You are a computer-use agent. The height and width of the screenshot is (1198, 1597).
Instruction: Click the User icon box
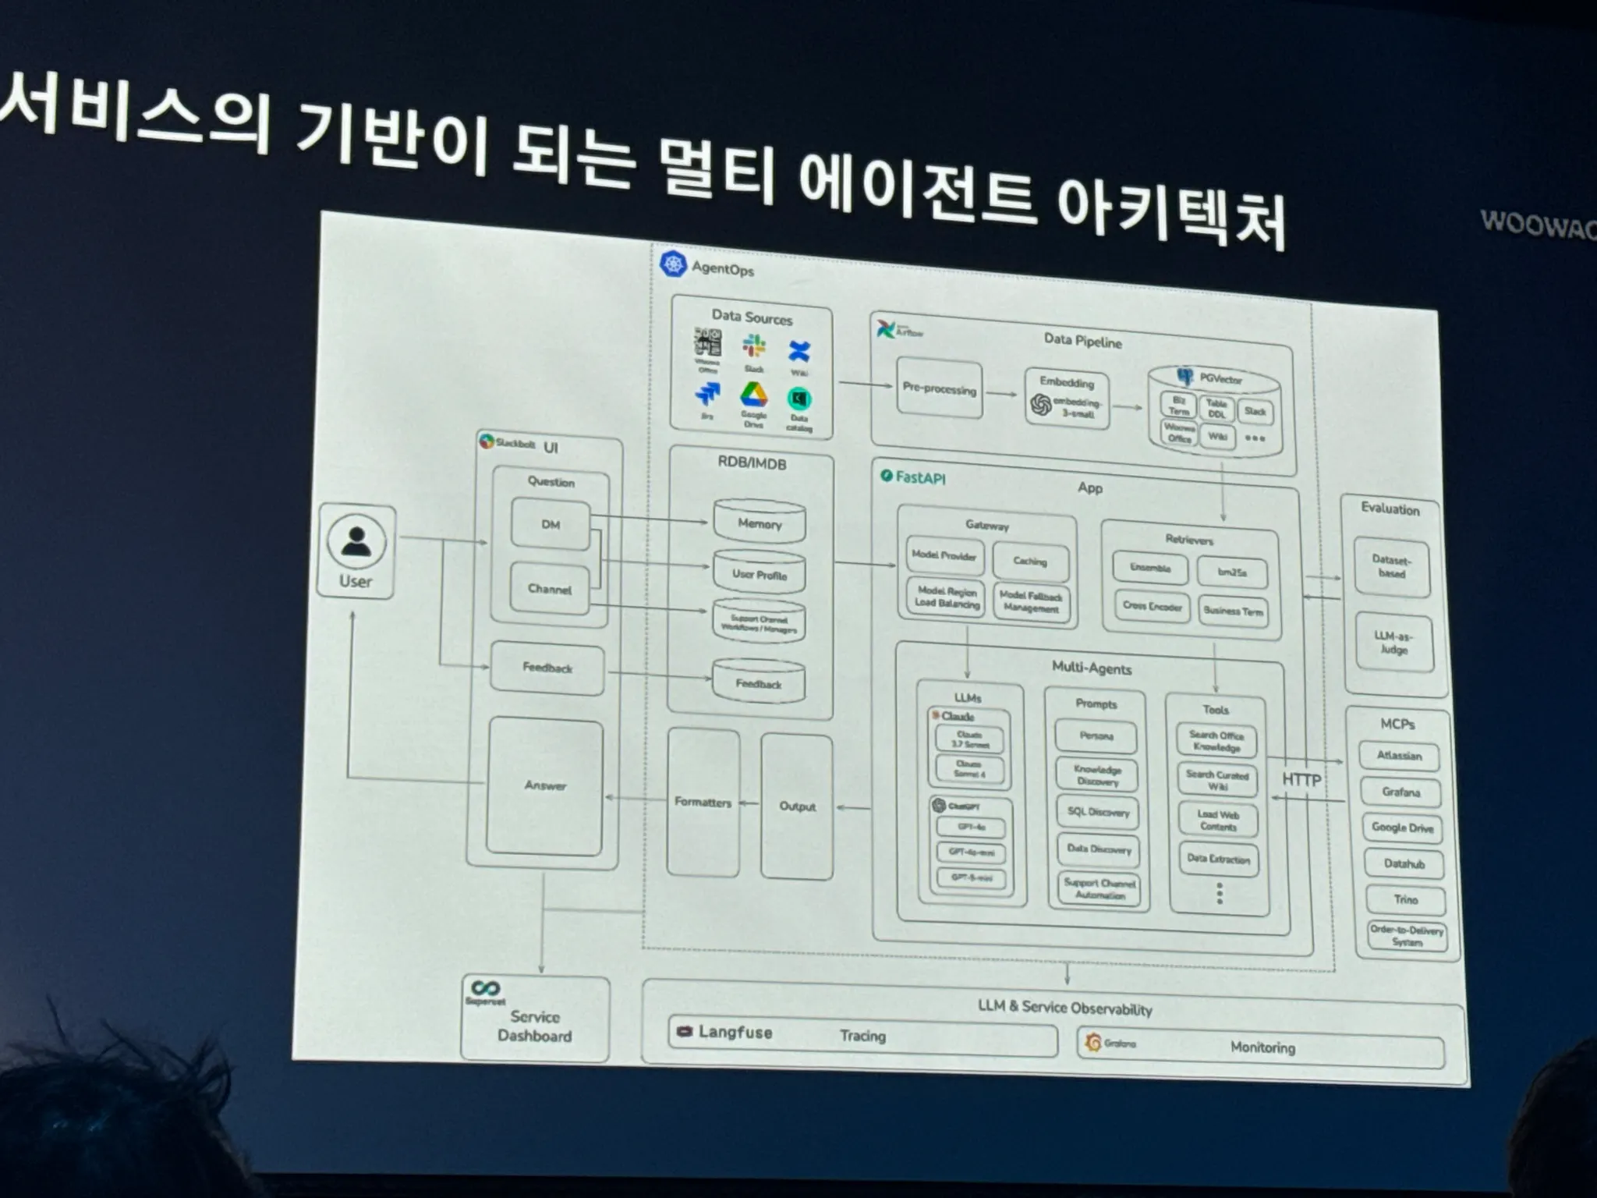(x=356, y=551)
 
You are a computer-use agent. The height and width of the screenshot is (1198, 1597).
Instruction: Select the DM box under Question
(x=551, y=524)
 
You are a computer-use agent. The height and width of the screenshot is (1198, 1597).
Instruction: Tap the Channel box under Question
(x=549, y=589)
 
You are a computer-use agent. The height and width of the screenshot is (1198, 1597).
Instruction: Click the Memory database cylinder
(x=760, y=523)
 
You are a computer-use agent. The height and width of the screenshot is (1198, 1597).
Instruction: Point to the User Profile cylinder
(x=760, y=573)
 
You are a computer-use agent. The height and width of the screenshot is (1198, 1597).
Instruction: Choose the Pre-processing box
(x=939, y=388)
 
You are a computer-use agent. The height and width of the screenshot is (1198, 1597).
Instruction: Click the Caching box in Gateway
(x=1030, y=561)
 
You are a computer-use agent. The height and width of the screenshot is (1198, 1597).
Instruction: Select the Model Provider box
(x=944, y=555)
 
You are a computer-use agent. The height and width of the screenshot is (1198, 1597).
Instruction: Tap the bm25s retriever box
(x=1232, y=572)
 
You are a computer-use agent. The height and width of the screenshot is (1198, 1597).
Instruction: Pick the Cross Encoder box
(x=1152, y=606)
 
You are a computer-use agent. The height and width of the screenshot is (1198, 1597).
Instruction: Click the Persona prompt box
(x=1096, y=735)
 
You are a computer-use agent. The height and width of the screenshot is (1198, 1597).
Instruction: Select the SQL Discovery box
(x=1098, y=812)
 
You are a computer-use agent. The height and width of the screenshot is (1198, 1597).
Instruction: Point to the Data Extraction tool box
(x=1218, y=859)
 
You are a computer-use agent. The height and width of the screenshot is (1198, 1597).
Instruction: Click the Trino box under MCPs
(x=1405, y=899)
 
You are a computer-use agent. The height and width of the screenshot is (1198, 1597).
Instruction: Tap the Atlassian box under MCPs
(x=1399, y=756)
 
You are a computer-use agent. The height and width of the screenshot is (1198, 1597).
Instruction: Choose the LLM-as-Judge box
(x=1393, y=643)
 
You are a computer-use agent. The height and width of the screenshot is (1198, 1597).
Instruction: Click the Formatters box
(x=703, y=802)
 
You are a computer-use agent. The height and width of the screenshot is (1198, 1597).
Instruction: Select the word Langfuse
(x=735, y=1032)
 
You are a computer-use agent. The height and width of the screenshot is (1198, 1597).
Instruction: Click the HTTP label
(x=1301, y=779)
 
